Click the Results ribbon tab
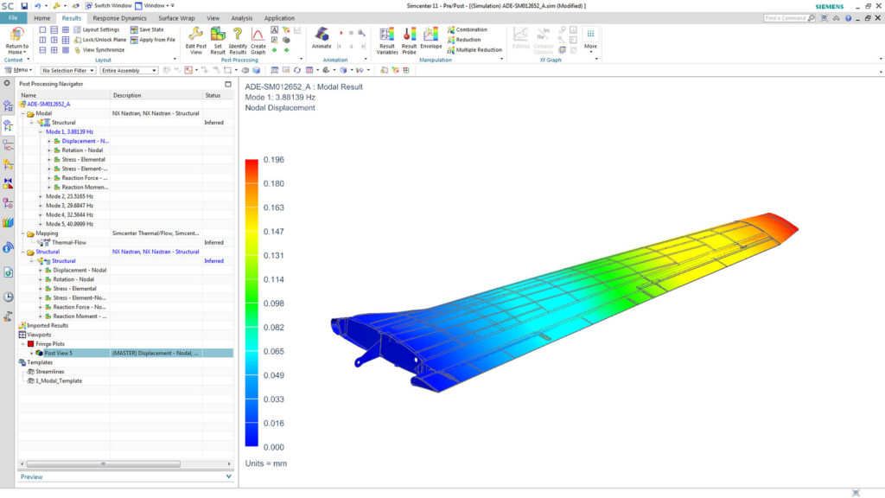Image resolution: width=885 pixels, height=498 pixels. point(72,17)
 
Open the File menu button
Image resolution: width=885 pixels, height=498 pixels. point(12,17)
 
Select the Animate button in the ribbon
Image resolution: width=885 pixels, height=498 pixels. point(322,38)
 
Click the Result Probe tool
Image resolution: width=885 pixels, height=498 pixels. point(409,38)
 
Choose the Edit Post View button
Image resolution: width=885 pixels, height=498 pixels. point(195,39)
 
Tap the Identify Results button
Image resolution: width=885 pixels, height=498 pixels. point(238,39)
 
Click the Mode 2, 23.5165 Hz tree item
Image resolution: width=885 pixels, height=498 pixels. point(69,196)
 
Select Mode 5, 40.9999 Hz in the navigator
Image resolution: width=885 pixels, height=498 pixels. point(69,224)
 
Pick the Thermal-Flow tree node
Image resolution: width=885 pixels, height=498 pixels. point(69,243)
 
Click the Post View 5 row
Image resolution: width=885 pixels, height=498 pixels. point(59,353)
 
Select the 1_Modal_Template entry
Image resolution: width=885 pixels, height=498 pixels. point(59,380)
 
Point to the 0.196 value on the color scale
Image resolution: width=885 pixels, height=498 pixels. point(273,159)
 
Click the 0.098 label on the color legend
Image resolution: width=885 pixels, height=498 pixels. point(273,303)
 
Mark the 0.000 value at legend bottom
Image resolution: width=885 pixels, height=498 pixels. point(273,447)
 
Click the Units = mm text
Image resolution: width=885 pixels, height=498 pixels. point(265,463)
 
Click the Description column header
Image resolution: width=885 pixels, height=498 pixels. point(127,95)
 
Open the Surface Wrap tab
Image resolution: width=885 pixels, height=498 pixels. point(176,17)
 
